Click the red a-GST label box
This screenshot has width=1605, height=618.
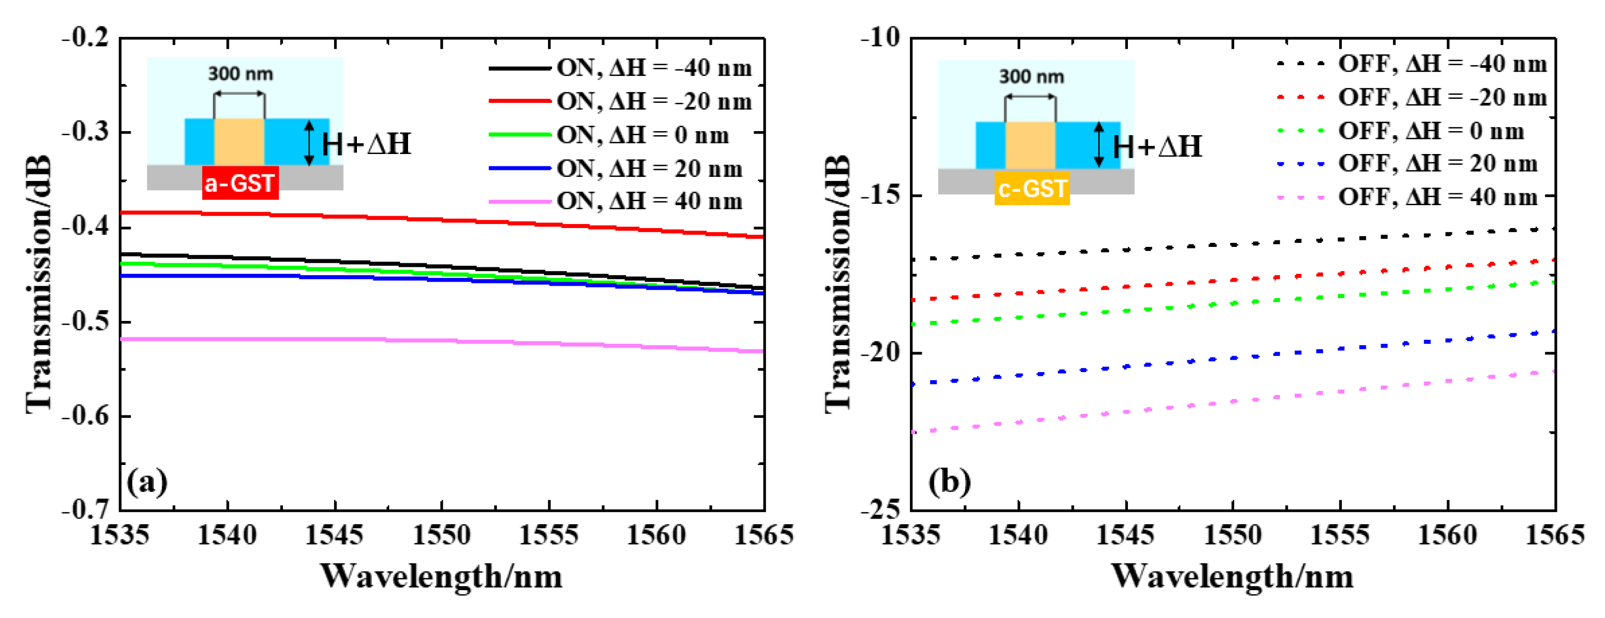coord(240,183)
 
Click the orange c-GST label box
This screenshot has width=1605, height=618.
coord(1032,188)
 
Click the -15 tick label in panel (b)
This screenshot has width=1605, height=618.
coord(880,195)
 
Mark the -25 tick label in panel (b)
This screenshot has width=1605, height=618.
coord(880,510)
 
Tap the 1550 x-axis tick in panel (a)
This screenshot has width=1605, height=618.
coord(442,535)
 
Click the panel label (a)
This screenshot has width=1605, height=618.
coord(147,482)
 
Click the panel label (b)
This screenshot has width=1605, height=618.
coord(949,482)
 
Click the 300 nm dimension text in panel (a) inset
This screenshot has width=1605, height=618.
coord(240,74)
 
